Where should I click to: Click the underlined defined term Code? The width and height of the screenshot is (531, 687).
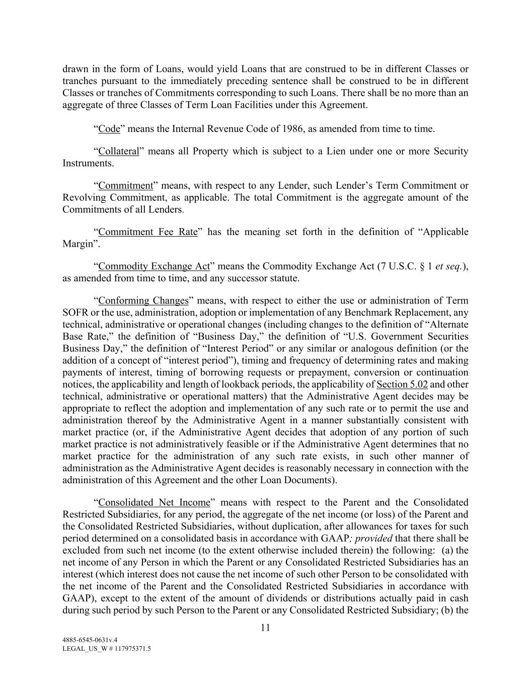(x=109, y=129)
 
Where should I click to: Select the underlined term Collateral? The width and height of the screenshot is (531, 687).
(x=118, y=151)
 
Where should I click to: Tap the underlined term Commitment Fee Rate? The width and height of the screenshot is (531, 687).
(x=148, y=232)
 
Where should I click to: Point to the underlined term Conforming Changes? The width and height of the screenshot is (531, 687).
(x=143, y=301)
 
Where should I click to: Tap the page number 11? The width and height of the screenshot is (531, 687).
(x=265, y=628)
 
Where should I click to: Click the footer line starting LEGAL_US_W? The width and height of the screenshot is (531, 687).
(x=107, y=649)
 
